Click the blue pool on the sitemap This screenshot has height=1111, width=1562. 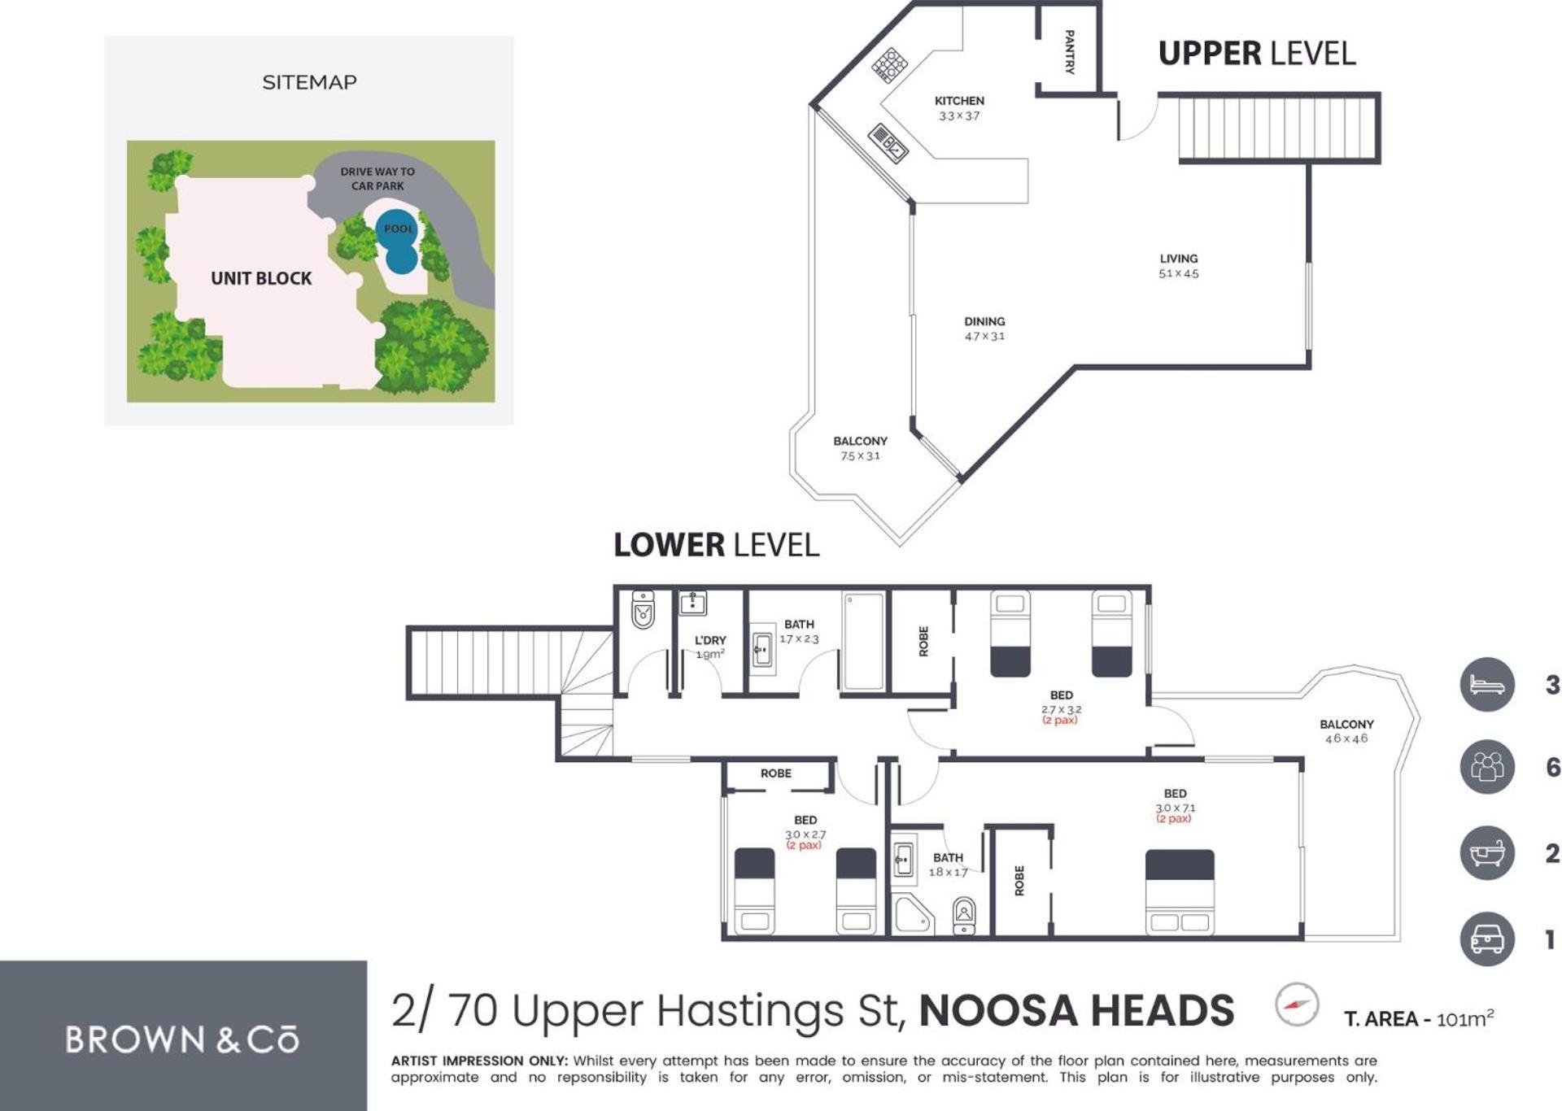(x=398, y=241)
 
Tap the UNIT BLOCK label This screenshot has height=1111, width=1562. (x=261, y=278)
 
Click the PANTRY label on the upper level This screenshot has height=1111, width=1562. (x=1069, y=51)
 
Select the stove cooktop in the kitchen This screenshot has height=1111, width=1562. (x=890, y=65)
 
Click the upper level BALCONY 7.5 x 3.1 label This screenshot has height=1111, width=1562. (x=860, y=448)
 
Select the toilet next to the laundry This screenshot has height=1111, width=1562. (x=643, y=609)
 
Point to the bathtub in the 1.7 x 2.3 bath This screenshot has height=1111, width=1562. (x=863, y=642)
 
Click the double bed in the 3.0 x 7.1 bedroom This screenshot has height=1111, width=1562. (x=1180, y=892)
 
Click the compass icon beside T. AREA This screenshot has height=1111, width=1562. (x=1297, y=1004)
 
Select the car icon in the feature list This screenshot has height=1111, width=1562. (x=1487, y=939)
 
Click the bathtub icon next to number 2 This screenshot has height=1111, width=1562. (x=1487, y=853)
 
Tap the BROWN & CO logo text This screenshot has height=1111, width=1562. (x=182, y=1040)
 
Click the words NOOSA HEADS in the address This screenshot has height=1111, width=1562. (x=1076, y=1011)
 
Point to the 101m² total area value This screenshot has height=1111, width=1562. (x=1464, y=1018)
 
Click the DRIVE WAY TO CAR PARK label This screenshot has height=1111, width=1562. (x=377, y=179)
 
